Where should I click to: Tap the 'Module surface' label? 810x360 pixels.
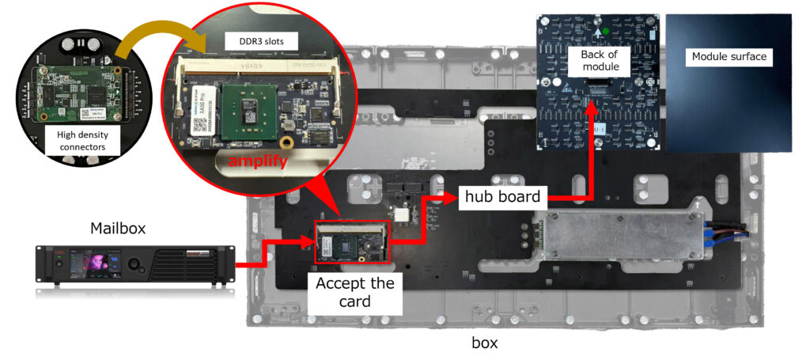click(x=729, y=56)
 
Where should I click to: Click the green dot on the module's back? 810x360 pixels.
click(x=605, y=31)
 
